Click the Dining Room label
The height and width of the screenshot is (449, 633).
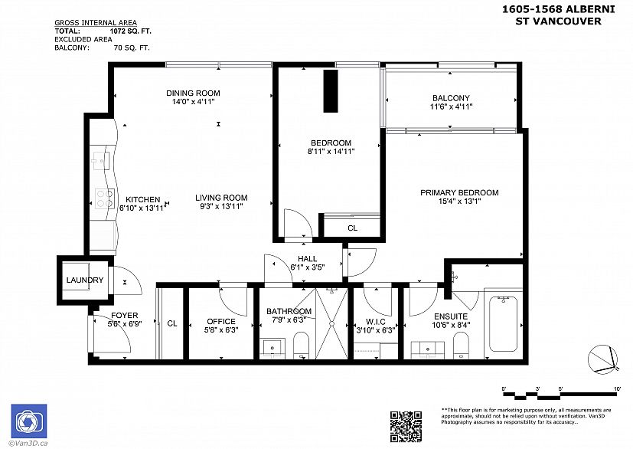(193, 93)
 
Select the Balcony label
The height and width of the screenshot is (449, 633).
(451, 98)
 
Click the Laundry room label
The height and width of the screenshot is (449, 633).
(84, 280)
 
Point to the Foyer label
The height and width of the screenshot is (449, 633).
(125, 316)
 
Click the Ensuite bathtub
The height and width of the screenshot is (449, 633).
(502, 326)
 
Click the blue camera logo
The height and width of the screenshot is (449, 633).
(28, 421)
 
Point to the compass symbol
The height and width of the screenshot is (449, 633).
(602, 358)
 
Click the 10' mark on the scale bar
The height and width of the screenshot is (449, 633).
(617, 389)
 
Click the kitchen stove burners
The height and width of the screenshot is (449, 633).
(102, 199)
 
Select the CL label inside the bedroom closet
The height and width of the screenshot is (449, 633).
(352, 228)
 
